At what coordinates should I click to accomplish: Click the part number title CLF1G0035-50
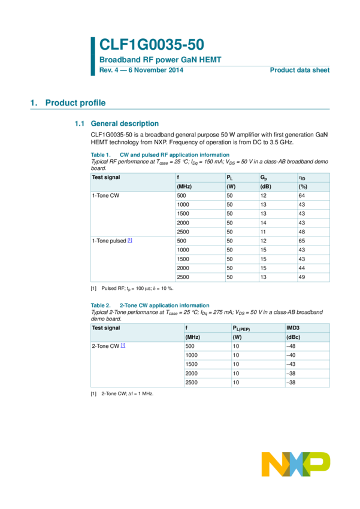pos(152,44)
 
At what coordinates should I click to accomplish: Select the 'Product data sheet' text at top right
pos(300,70)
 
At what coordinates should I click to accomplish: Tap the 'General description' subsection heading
pos(124,124)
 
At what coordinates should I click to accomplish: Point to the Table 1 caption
pos(160,155)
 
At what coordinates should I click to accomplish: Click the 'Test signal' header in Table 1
pos(105,177)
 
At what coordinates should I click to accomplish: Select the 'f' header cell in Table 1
pos(178,177)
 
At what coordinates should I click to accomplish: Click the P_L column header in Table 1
pos(229,178)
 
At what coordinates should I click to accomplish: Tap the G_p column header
pos(264,178)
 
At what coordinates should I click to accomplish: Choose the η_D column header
pos(302,178)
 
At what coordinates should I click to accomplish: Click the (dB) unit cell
pos(266,187)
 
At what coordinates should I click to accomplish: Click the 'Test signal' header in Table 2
pos(105,328)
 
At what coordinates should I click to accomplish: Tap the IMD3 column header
pos(293,328)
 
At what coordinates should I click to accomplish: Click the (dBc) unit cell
pos(295,337)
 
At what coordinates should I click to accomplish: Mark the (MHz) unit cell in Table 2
pos(193,337)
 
